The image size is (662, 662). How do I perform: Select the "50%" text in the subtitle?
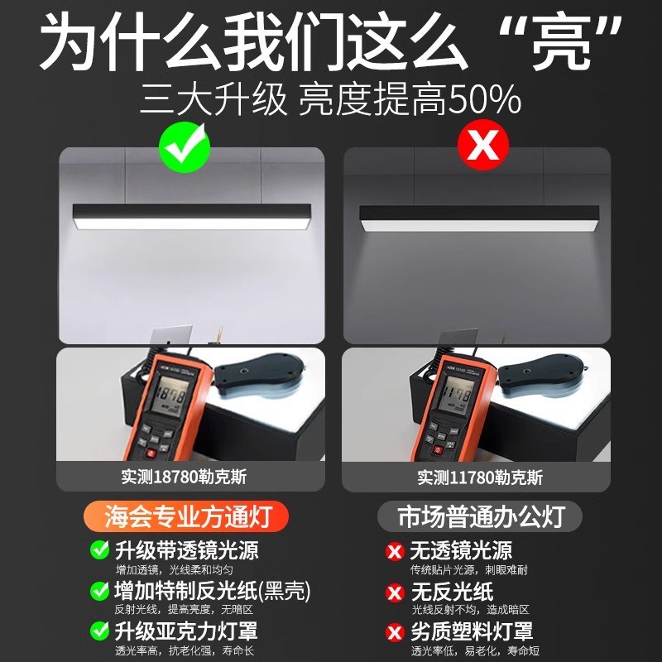(483, 100)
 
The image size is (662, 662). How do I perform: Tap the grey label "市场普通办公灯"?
(481, 517)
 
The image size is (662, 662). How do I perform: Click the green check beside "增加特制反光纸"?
(99, 591)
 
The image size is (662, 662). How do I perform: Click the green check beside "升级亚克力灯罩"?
(99, 631)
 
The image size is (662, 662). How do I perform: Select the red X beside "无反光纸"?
(395, 592)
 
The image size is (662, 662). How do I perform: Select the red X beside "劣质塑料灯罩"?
(395, 632)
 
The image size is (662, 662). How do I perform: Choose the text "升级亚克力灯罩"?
(186, 631)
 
